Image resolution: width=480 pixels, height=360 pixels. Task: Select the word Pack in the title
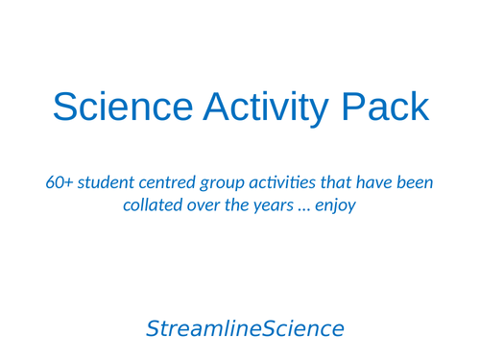coord(387,107)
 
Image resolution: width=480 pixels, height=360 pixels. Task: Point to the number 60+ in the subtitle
coord(59,182)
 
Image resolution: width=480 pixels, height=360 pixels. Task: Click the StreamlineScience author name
coord(244,329)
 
